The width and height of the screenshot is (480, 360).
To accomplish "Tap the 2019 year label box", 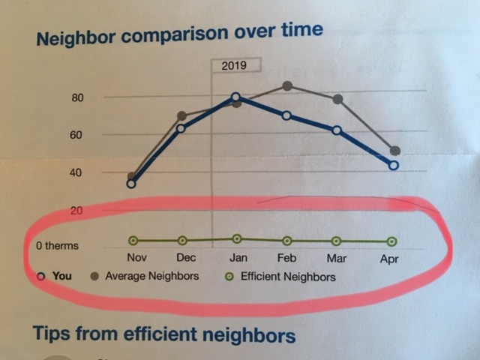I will (235, 65).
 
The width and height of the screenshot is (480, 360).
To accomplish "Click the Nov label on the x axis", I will (136, 258).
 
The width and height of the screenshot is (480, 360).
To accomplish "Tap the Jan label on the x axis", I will (238, 258).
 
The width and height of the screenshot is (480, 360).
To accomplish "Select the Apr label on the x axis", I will (389, 259).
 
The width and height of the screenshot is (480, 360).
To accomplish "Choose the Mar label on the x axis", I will (336, 258).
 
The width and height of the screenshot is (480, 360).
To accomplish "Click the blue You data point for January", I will (236, 97).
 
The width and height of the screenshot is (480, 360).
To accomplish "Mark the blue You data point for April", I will (394, 165).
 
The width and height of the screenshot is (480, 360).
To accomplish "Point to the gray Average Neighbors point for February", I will (286, 86).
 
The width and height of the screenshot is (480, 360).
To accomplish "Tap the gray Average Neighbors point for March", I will (337, 99).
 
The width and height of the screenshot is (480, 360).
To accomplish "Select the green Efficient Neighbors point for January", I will (236, 238).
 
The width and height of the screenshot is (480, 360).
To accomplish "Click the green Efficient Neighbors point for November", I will (133, 241).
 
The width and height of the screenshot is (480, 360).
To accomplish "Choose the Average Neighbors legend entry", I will (145, 276).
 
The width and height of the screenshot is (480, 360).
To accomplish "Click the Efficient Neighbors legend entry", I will (280, 277).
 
